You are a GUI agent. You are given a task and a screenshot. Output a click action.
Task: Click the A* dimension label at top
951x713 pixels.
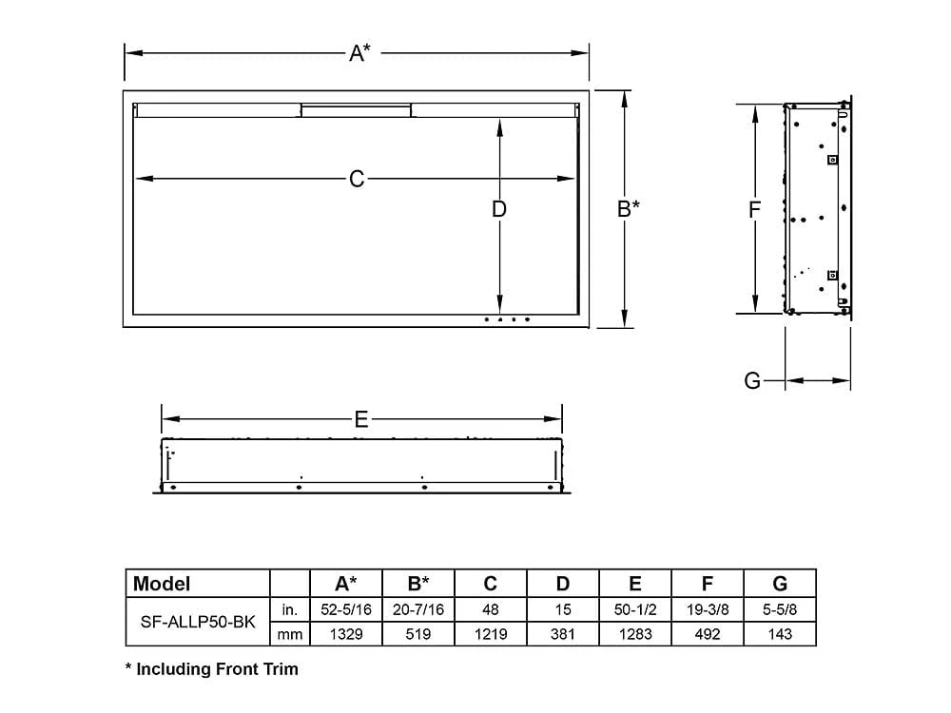click(359, 53)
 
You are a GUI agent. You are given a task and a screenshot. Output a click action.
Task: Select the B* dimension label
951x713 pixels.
click(628, 208)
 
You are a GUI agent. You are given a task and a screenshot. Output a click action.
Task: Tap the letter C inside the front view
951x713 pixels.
click(357, 179)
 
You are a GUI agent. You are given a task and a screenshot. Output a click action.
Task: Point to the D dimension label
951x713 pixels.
click(499, 208)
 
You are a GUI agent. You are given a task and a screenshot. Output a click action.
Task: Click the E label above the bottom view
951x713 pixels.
click(360, 419)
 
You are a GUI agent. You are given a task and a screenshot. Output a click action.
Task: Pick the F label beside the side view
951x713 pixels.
click(754, 209)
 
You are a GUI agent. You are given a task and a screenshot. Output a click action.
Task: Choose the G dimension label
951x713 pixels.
click(752, 381)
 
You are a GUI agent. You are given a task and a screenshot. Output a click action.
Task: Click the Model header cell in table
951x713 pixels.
click(162, 584)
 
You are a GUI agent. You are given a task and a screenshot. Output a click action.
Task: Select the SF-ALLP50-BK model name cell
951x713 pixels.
click(197, 621)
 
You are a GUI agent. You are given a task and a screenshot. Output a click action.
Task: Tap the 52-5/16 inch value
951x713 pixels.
click(346, 608)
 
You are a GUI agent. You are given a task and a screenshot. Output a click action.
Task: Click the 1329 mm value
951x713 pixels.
click(346, 634)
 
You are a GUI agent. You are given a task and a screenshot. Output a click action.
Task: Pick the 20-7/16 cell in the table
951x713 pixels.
click(418, 608)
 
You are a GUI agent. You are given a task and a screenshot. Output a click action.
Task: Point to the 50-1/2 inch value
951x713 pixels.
click(635, 608)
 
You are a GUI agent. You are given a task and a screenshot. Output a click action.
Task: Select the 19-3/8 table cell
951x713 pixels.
click(708, 608)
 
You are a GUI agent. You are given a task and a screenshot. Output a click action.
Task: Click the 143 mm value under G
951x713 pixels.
click(780, 634)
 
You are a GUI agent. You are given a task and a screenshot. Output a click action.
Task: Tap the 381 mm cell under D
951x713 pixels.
click(563, 634)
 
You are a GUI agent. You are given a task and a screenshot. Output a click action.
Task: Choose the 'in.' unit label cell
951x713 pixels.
click(290, 608)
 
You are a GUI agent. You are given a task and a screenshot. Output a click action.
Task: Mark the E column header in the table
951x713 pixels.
click(635, 584)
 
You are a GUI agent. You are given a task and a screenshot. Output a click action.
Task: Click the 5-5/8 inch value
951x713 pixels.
click(780, 608)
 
